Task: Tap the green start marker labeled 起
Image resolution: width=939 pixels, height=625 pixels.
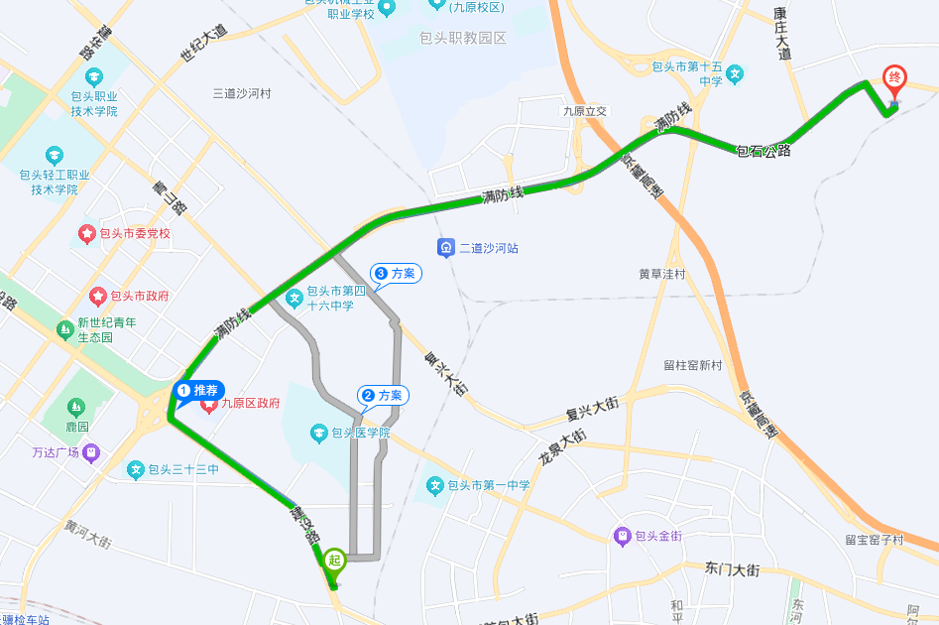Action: [334, 561]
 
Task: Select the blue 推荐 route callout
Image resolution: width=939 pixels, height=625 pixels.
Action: [200, 391]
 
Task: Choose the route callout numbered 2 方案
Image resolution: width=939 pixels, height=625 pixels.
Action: [382, 396]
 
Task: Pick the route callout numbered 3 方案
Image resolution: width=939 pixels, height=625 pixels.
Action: [396, 274]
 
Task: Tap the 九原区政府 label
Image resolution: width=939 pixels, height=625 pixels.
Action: [250, 404]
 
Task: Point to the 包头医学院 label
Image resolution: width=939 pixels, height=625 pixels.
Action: [361, 433]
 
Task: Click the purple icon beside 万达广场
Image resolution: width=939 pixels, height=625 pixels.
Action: [91, 452]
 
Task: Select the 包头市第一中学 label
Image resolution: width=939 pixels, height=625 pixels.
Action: [488, 485]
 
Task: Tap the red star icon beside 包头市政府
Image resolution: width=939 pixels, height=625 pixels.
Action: [98, 296]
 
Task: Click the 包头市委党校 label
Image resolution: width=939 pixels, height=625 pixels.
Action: [135, 234]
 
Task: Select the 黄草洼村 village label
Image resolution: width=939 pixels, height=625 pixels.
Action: [662, 274]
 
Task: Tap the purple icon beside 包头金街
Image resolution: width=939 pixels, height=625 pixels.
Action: [623, 536]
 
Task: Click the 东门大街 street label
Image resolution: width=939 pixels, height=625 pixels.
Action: [732, 569]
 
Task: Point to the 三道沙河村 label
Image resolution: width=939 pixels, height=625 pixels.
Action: [242, 93]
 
